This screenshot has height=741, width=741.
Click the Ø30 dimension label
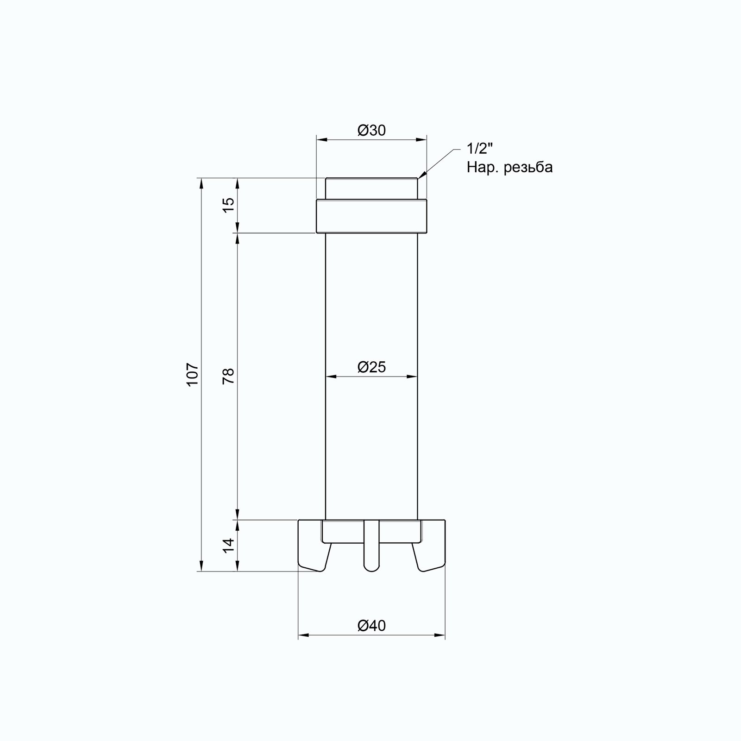(x=371, y=131)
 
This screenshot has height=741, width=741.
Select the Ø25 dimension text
(x=371, y=367)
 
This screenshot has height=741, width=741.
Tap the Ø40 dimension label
(x=371, y=626)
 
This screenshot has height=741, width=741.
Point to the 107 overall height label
(x=193, y=374)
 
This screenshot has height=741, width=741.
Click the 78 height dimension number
(x=229, y=376)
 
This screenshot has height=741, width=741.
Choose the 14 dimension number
(x=229, y=545)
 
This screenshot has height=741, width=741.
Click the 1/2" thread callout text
(x=480, y=149)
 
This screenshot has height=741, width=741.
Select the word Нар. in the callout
(x=482, y=167)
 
